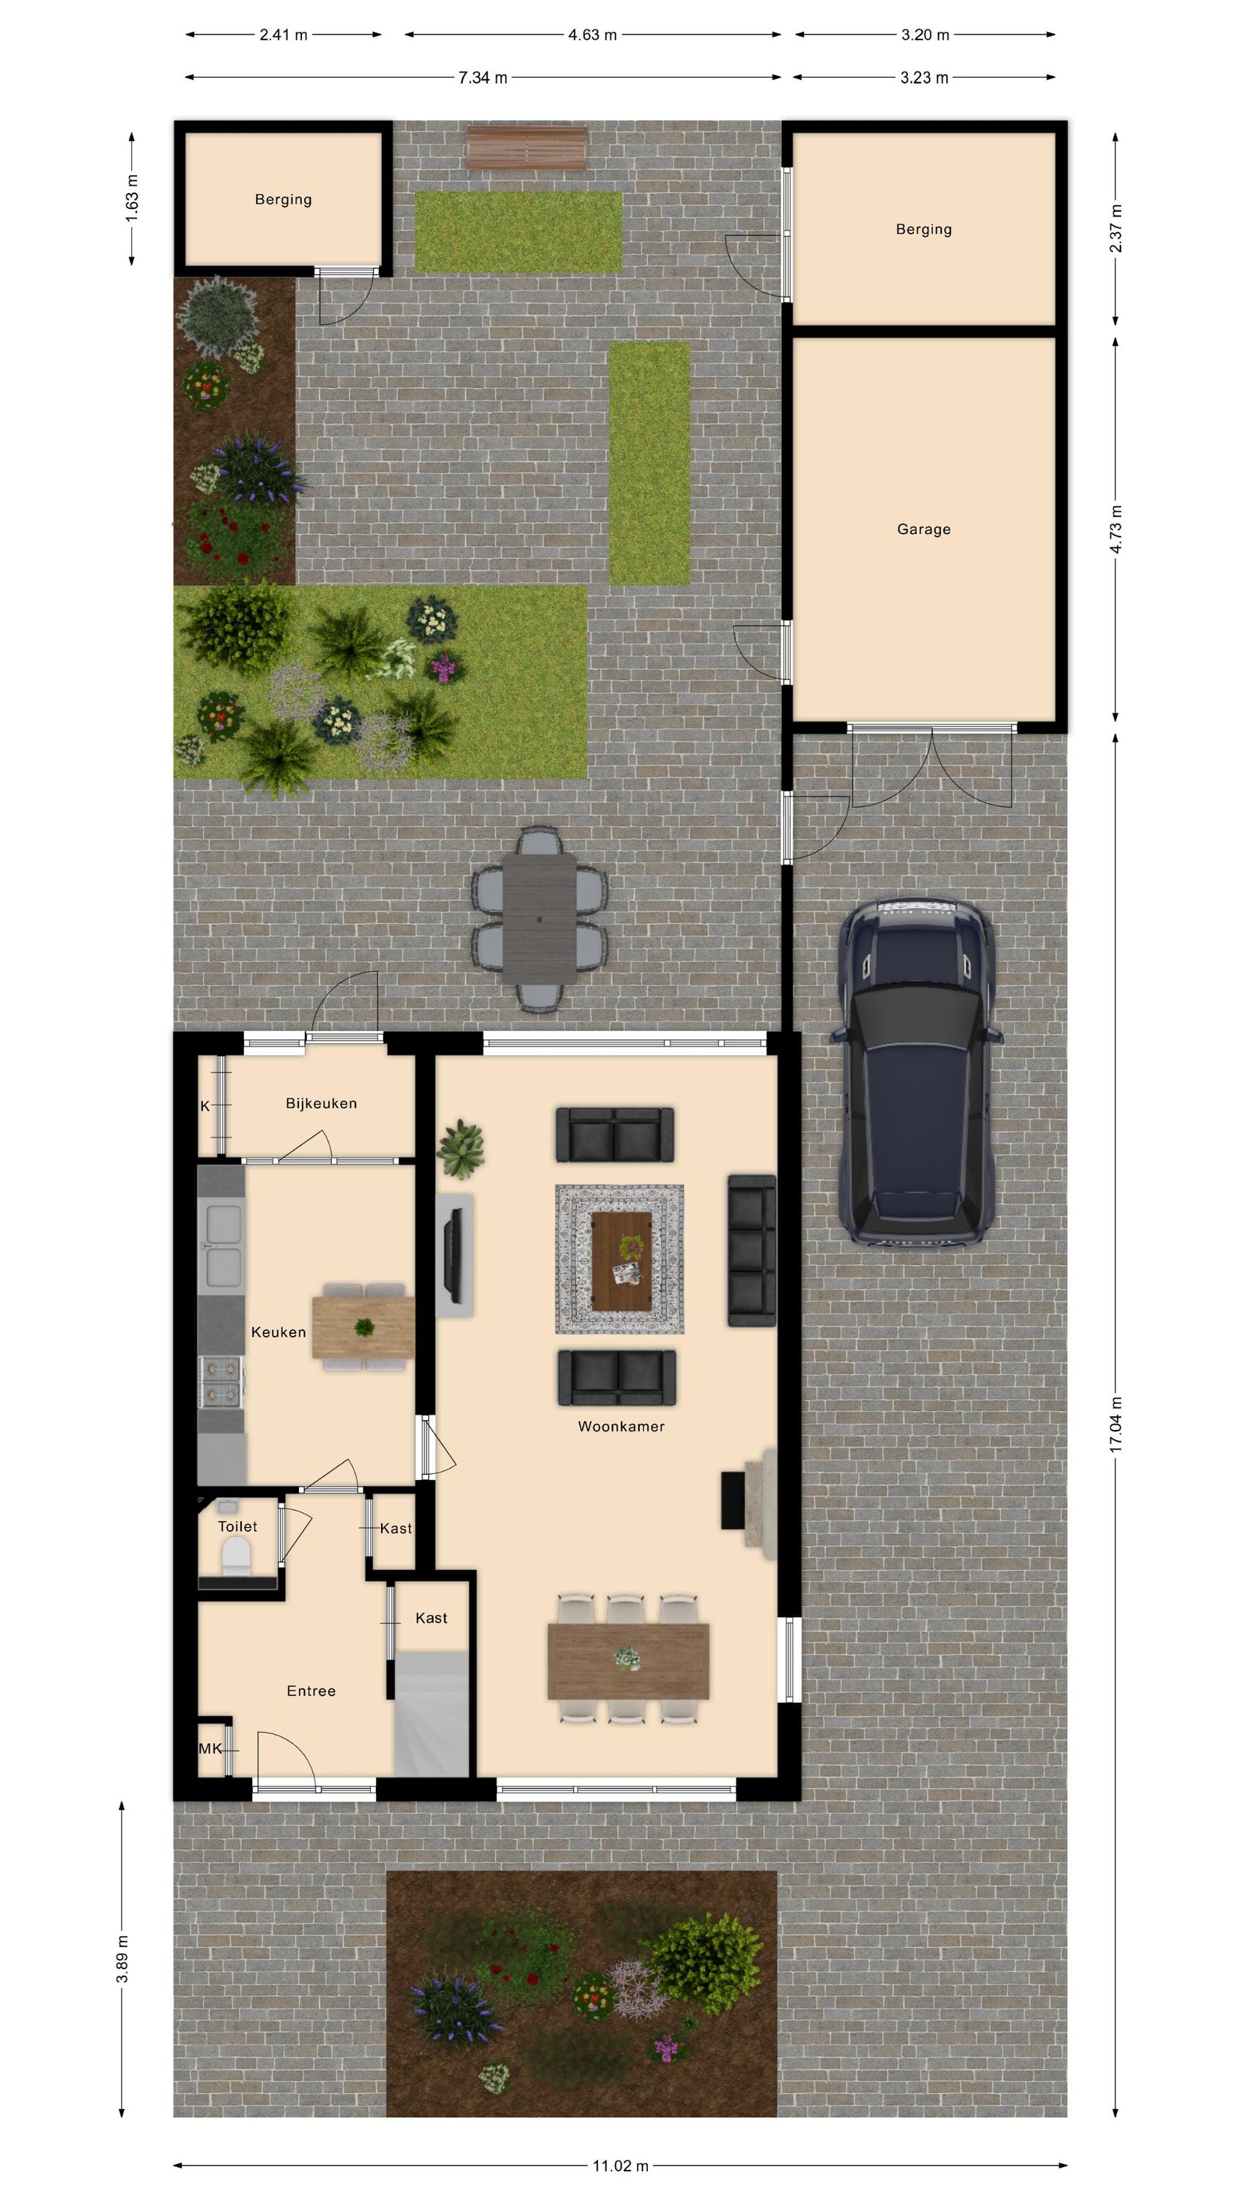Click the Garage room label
coord(923,529)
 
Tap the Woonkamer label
coord(621,1426)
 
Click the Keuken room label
coord(278,1332)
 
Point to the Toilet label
coord(237,1525)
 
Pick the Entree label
coord(311,1690)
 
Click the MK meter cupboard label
coord(210,1748)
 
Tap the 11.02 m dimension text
coord(621,2165)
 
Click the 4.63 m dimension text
coord(592,35)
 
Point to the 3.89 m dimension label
coord(122,1961)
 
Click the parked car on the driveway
coord(916,1074)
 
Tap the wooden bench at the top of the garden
coord(527,147)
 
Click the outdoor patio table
coord(539,918)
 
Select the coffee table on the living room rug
coord(621,1260)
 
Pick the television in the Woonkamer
coord(454,1255)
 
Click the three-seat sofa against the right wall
coord(751,1250)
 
